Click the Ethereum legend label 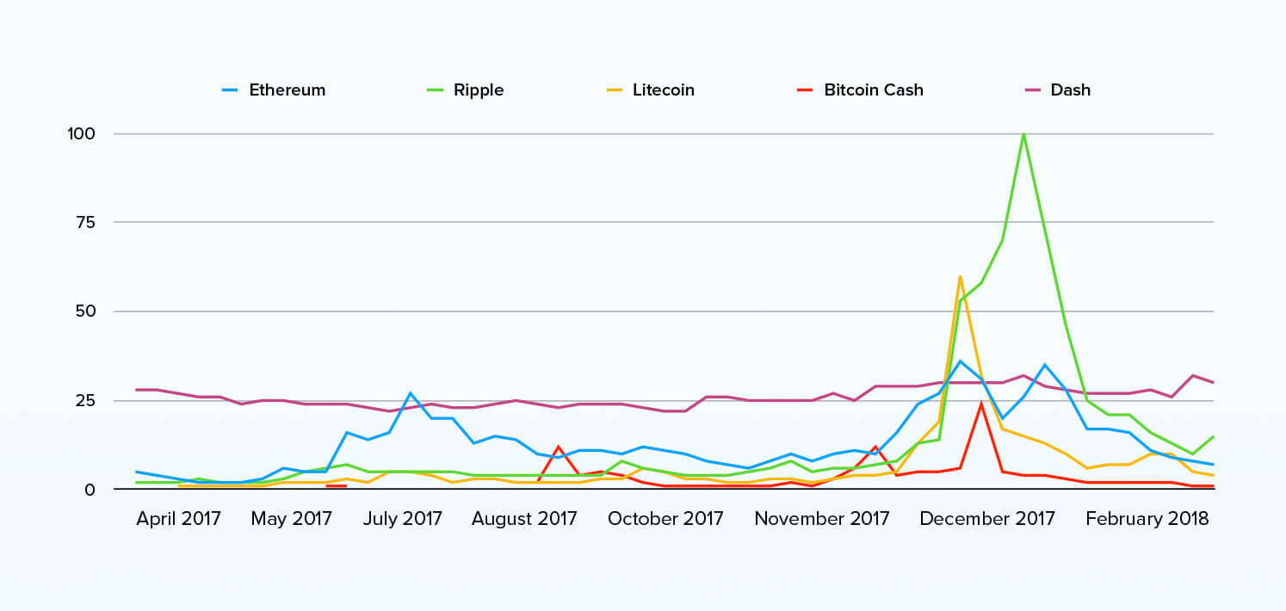(287, 90)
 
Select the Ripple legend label (479, 90)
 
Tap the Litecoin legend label (663, 90)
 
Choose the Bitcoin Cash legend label (873, 90)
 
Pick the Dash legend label (1070, 90)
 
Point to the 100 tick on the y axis (81, 134)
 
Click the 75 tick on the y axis (85, 223)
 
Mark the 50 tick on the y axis (84, 312)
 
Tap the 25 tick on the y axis (84, 400)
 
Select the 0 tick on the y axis (90, 490)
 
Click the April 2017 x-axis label (178, 519)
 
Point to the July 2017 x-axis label (403, 519)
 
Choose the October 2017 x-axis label (665, 519)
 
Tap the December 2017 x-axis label (987, 519)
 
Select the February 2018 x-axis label (1147, 519)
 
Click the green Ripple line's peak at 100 (1023, 134)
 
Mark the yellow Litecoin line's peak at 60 (960, 276)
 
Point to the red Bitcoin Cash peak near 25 (981, 404)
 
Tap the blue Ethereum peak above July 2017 (410, 393)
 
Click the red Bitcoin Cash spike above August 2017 (558, 447)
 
